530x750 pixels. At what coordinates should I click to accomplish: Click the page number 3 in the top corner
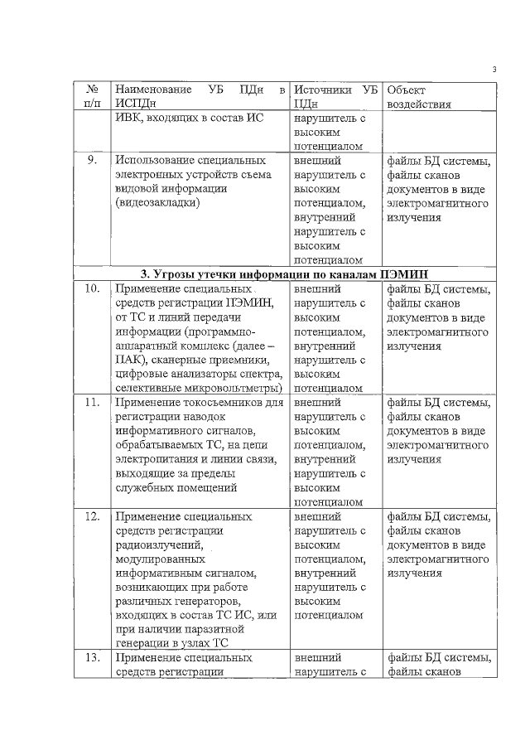point(494,69)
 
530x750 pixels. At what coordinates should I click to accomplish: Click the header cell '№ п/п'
point(93,96)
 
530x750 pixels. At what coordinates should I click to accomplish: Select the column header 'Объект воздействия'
point(418,96)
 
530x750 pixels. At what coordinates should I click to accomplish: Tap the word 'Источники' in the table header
point(323,89)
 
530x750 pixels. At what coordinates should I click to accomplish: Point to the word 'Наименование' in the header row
point(152,89)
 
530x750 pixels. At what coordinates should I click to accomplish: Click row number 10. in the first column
point(93,289)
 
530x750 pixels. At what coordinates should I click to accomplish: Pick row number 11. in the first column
point(93,404)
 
